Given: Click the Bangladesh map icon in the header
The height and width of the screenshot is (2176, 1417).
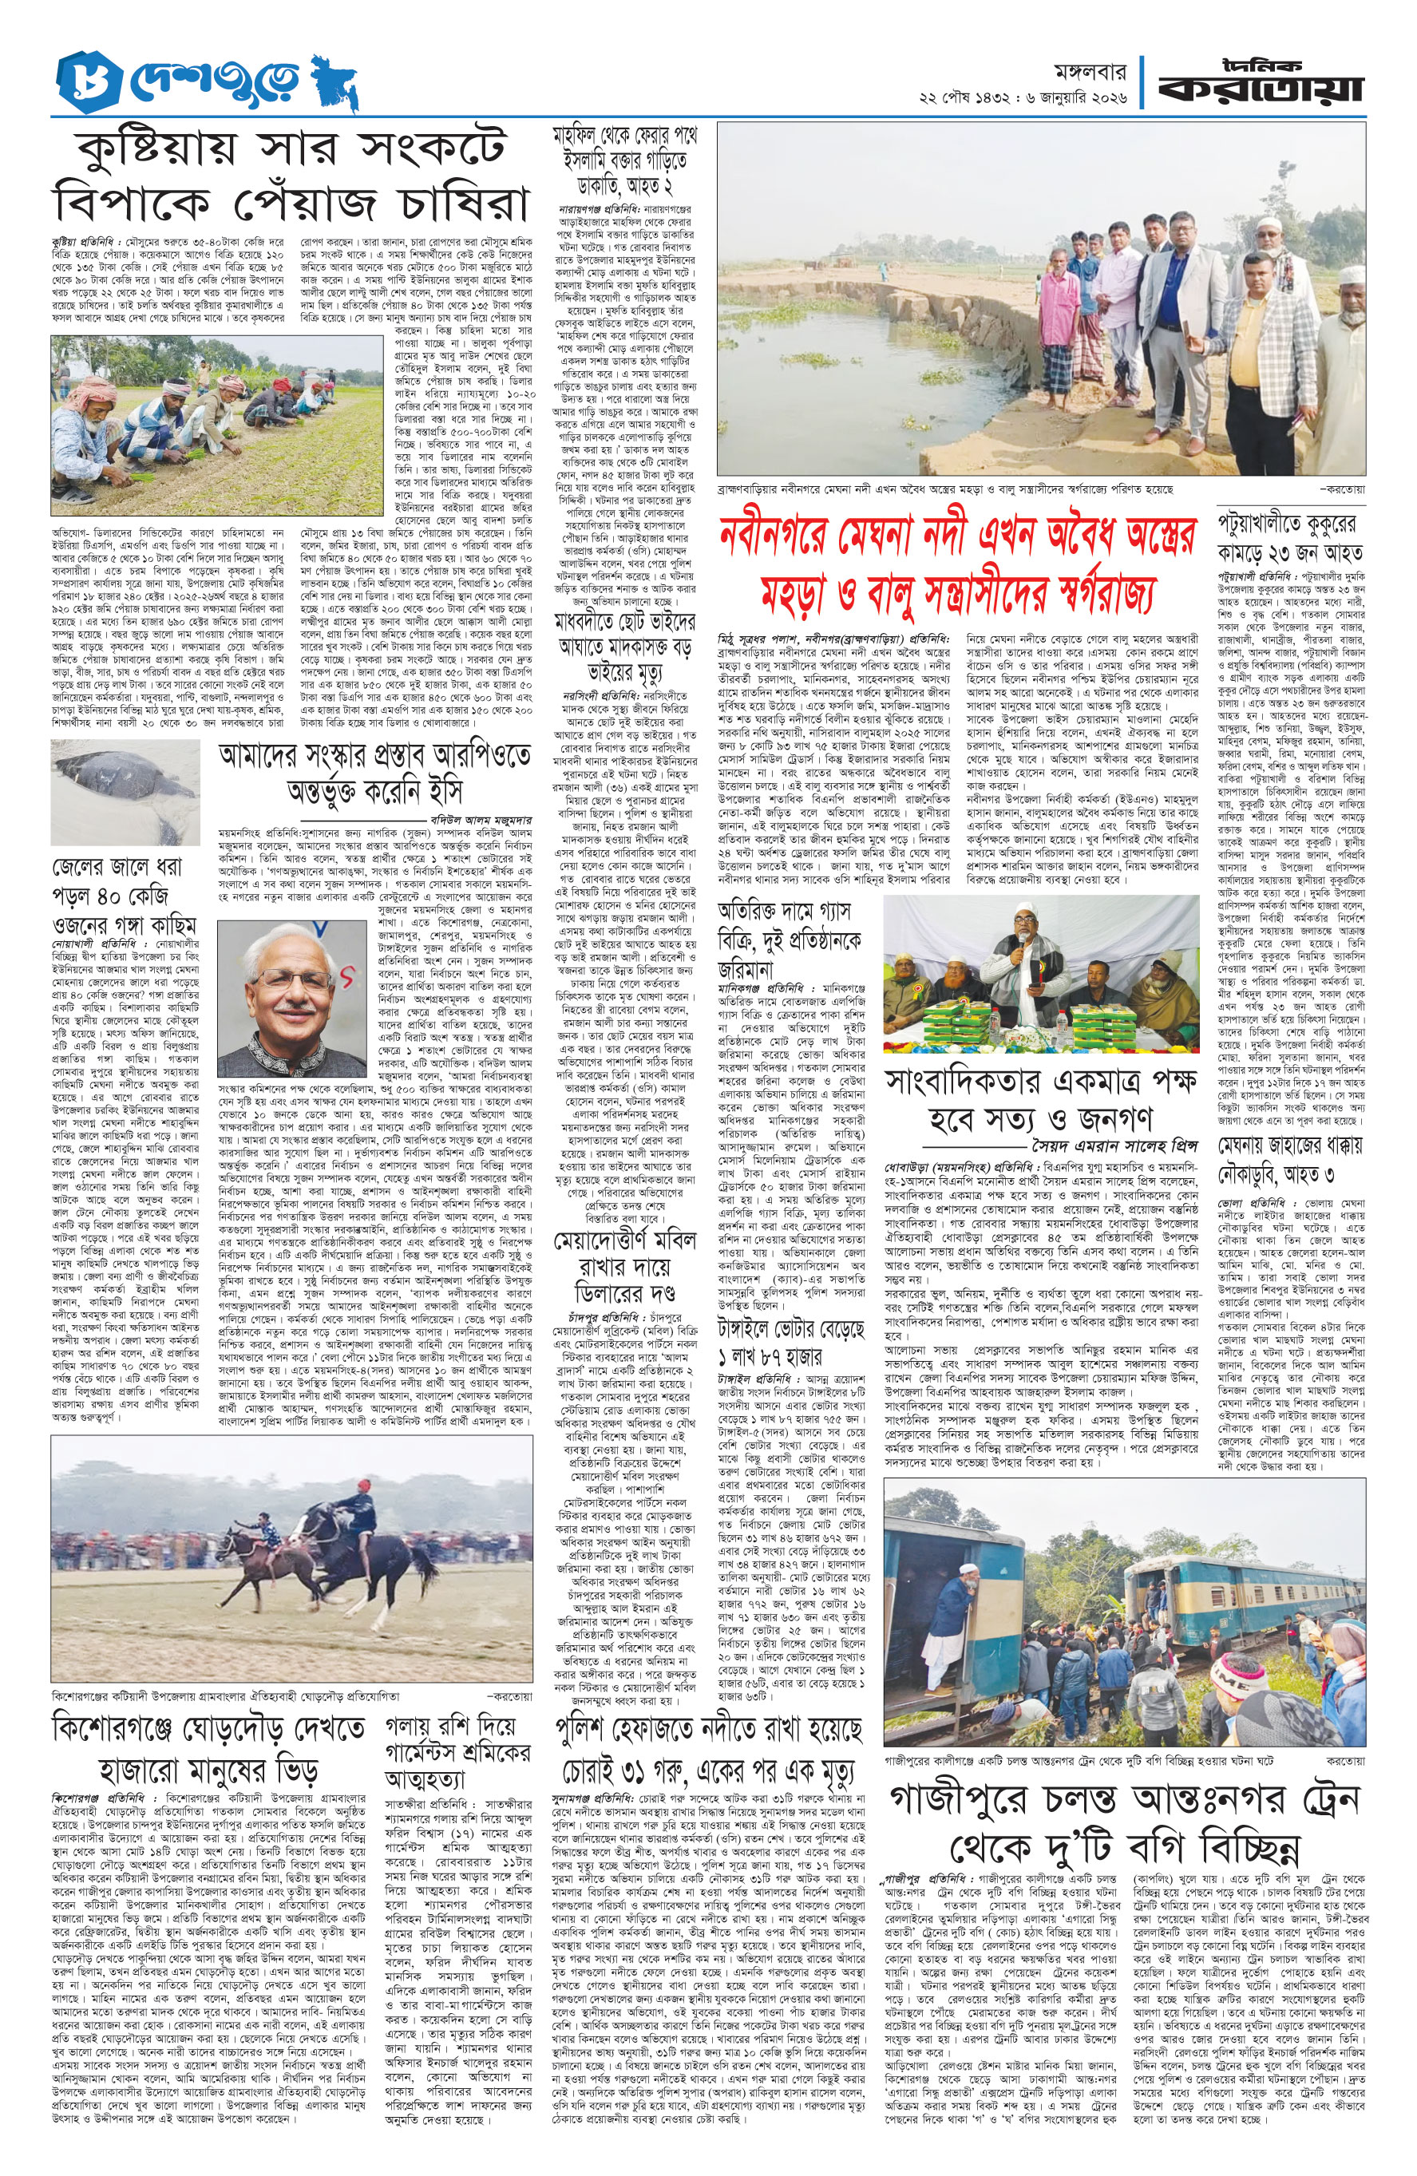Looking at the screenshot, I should pyautogui.click(x=333, y=83).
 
